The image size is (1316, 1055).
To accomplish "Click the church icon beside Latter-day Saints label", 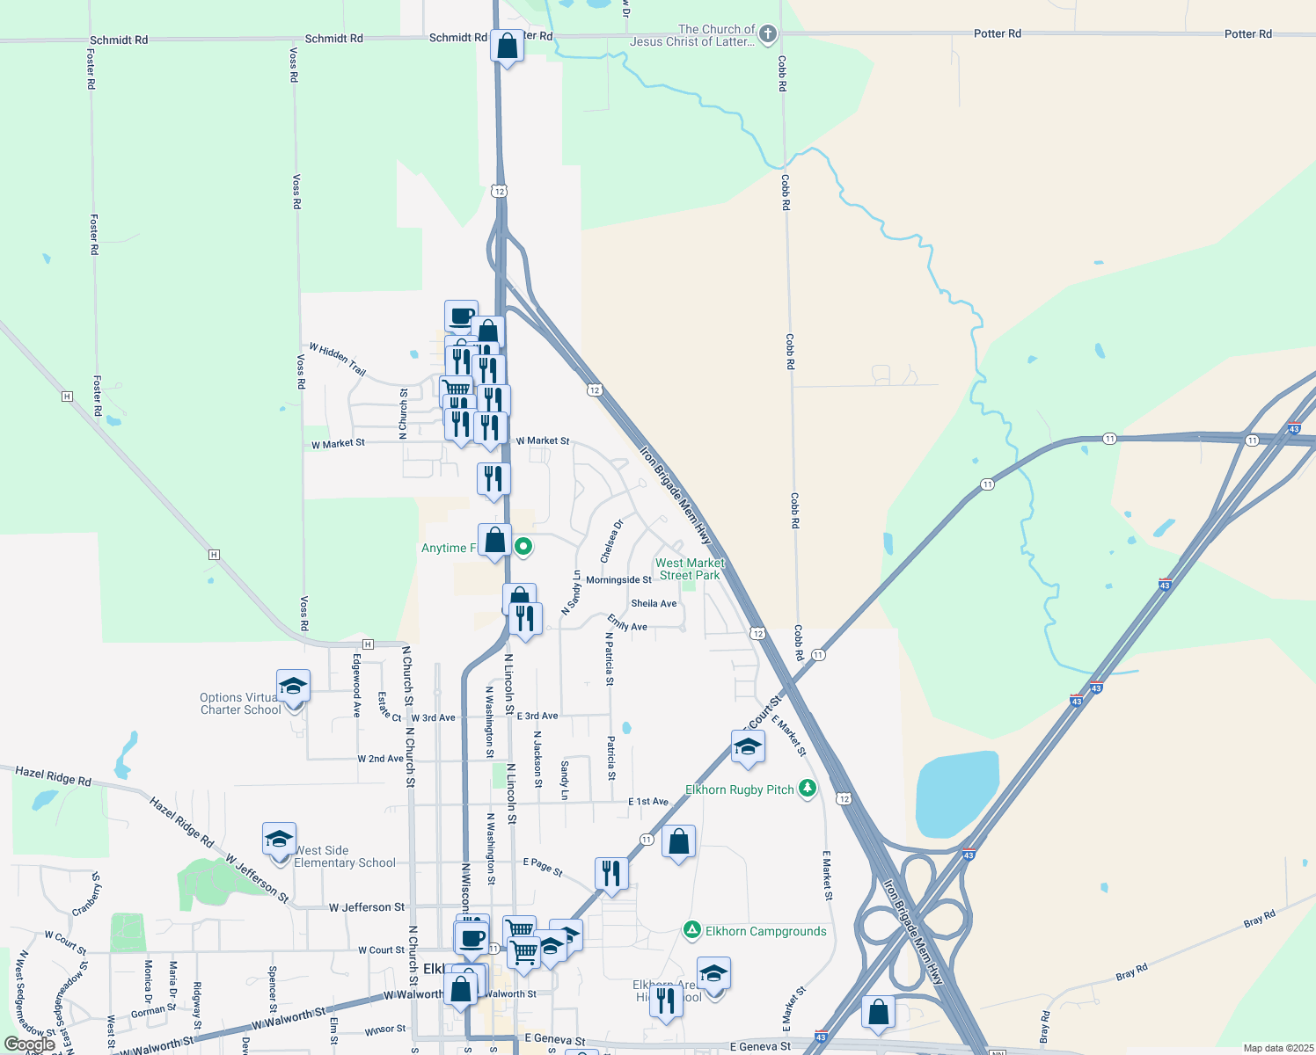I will (767, 34).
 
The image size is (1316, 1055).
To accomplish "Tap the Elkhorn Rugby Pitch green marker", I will (807, 789).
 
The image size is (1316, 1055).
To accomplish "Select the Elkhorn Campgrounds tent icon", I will (692, 930).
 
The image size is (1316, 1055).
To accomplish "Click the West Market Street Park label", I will (690, 569).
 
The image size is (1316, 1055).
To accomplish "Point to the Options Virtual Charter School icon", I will (293, 686).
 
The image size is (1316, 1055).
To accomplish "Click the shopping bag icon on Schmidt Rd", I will (508, 46).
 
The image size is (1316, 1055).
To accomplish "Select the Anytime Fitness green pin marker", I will (523, 547).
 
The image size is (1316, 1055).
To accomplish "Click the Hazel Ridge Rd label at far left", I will (53, 775).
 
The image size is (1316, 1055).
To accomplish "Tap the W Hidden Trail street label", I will (337, 359).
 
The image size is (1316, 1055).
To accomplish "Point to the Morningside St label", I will (618, 580).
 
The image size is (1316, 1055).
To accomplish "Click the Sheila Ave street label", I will (654, 604).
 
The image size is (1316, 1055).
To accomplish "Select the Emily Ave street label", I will (627, 623).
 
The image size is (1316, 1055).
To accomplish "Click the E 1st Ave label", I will (648, 802).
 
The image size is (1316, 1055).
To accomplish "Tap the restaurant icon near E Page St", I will (611, 874).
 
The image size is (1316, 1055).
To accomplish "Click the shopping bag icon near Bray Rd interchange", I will (878, 1013).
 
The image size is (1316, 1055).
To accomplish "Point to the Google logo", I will (29, 1044).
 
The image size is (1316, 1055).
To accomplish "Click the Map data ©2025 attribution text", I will (1276, 1048).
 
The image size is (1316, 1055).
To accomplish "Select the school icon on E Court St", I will (748, 747).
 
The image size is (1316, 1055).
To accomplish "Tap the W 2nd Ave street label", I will (380, 759).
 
